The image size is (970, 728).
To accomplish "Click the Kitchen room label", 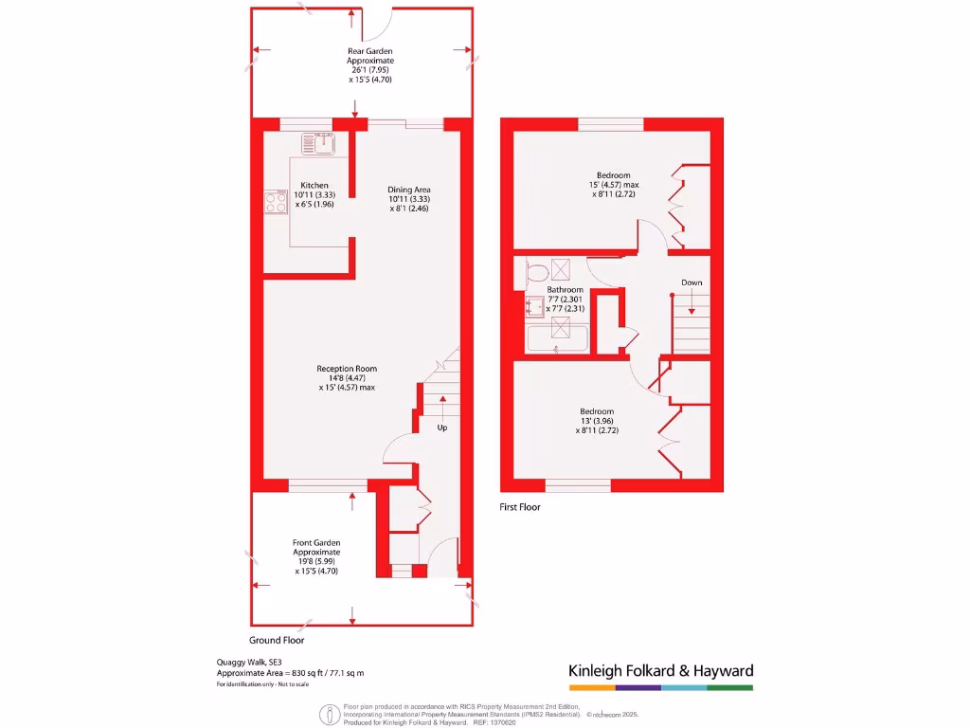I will point(314,185).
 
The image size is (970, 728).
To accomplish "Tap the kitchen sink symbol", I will point(318,144).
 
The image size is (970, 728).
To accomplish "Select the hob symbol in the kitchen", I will point(276,202).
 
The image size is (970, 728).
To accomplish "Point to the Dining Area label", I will point(409,190).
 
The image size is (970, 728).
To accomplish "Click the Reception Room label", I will point(347,369).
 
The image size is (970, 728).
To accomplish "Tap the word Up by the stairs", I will point(441,428).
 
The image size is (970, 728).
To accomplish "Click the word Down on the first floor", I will point(692,282).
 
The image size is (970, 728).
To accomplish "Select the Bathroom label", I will point(565,289).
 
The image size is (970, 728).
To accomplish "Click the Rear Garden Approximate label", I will point(369,56).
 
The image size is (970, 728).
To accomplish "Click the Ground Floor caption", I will point(277,641).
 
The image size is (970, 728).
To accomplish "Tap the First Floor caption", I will point(520,508).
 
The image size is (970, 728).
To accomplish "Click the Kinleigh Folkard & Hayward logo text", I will point(660,671).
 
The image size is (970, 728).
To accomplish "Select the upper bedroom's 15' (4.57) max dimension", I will point(613,185).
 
